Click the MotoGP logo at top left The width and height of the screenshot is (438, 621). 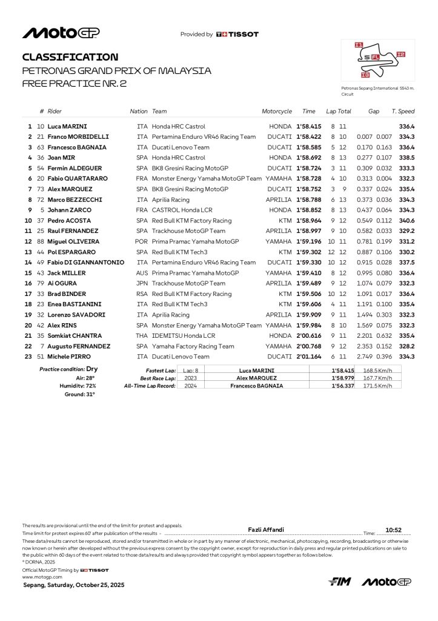(x=61, y=33)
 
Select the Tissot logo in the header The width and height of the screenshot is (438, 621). (x=237, y=35)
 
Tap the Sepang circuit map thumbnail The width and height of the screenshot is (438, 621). (x=378, y=61)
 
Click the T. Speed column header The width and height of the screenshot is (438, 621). (x=403, y=112)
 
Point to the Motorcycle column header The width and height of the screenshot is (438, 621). (x=276, y=112)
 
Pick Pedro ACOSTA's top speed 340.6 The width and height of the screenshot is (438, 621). (x=406, y=221)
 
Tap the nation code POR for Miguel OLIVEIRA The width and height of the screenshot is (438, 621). (x=142, y=241)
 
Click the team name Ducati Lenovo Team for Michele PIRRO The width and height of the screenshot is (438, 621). (x=181, y=357)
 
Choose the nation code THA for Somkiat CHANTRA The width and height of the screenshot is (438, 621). (x=142, y=336)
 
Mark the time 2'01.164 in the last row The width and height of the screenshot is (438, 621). (x=309, y=357)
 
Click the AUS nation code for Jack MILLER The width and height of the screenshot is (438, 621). (x=142, y=273)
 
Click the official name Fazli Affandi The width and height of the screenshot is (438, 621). (x=266, y=529)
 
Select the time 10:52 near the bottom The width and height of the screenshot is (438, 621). (x=394, y=529)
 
